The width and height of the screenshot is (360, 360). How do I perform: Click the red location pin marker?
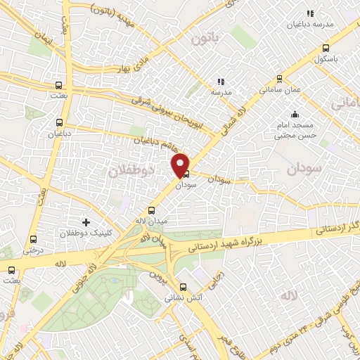tap(181, 165)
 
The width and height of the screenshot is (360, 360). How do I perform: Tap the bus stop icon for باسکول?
tap(325, 49)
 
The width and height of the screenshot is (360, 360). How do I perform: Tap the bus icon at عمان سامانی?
tap(280, 79)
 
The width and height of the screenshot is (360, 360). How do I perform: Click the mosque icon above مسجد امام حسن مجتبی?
tap(295, 114)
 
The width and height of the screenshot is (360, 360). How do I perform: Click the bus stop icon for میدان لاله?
tap(151, 210)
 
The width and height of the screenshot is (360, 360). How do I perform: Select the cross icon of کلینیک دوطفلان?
tap(86, 223)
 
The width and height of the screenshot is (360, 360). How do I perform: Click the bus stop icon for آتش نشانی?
tap(184, 287)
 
